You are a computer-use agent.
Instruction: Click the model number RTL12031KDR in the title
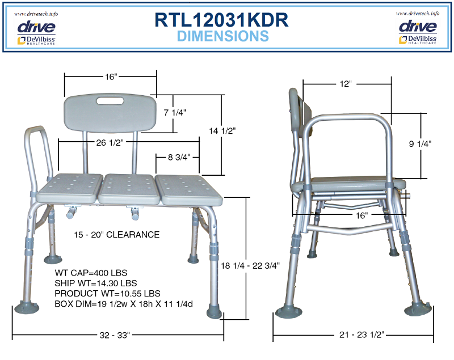pyautogui.click(x=222, y=20)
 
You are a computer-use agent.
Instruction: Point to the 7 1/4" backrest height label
pyautogui.click(x=174, y=113)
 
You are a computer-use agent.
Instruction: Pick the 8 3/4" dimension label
pyautogui.click(x=178, y=156)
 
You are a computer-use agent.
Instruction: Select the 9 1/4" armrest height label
pyautogui.click(x=421, y=144)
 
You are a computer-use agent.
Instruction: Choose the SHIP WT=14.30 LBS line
pyautogui.click(x=96, y=283)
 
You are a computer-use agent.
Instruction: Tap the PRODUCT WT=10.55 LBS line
pyautogui.click(x=107, y=293)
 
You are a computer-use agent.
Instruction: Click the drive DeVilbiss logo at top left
pyautogui.click(x=36, y=31)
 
